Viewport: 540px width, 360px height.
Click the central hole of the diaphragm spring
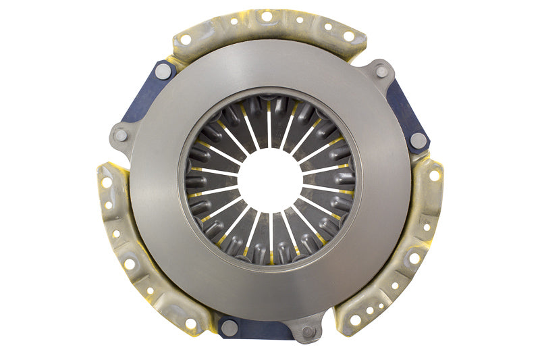270,180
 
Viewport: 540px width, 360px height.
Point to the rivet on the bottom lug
308,332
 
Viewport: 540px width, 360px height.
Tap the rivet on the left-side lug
121,135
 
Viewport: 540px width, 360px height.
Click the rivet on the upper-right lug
382,70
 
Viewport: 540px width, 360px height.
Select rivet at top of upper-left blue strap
163,70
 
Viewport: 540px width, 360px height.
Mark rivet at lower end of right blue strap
418,141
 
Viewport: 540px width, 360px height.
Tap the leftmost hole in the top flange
186,39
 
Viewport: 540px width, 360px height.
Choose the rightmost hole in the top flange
348,36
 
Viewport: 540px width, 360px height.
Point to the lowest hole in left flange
191,324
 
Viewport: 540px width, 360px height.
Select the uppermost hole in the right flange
434,175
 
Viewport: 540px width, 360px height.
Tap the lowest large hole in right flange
355,319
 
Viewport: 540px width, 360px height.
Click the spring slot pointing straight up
270,125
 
